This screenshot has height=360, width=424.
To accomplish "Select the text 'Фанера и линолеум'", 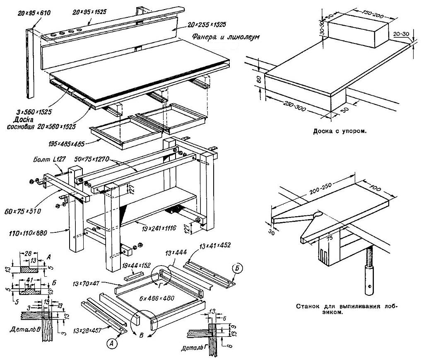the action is click(226, 37).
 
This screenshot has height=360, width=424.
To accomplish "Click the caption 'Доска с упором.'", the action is click(340, 131).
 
